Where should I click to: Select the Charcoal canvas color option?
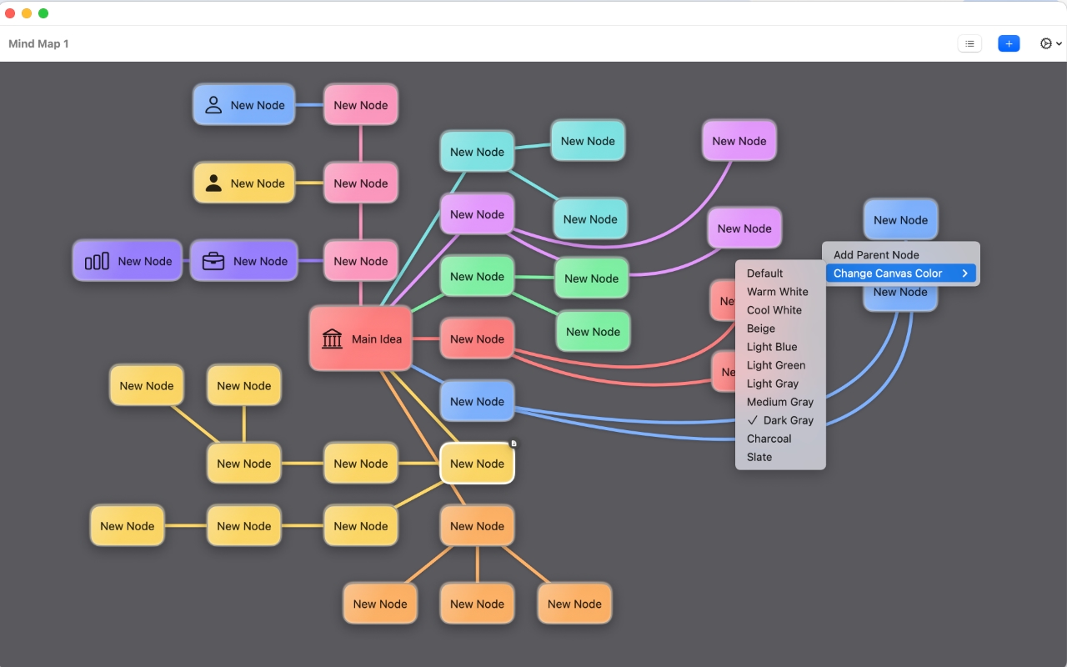[x=769, y=439]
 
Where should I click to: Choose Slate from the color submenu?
[x=759, y=457]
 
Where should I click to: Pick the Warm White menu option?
[x=777, y=292]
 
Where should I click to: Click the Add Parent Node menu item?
[x=876, y=255]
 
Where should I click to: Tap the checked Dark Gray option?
[x=787, y=420]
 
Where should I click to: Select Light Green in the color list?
[x=775, y=365]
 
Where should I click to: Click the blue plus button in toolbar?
[x=1009, y=43]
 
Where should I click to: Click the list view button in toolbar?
[x=969, y=43]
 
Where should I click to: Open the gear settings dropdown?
[x=1050, y=43]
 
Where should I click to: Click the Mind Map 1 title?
[x=38, y=43]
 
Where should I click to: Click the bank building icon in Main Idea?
[x=332, y=339]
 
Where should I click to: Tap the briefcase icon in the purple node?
[x=213, y=261]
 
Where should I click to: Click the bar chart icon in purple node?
[x=97, y=261]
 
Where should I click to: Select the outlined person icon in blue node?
[x=213, y=105]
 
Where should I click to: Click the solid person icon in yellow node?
[x=213, y=183]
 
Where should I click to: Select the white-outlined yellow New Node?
[x=477, y=464]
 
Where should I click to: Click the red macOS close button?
[x=10, y=13]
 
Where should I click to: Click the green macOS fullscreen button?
[x=43, y=13]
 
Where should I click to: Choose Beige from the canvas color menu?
[x=760, y=328]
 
